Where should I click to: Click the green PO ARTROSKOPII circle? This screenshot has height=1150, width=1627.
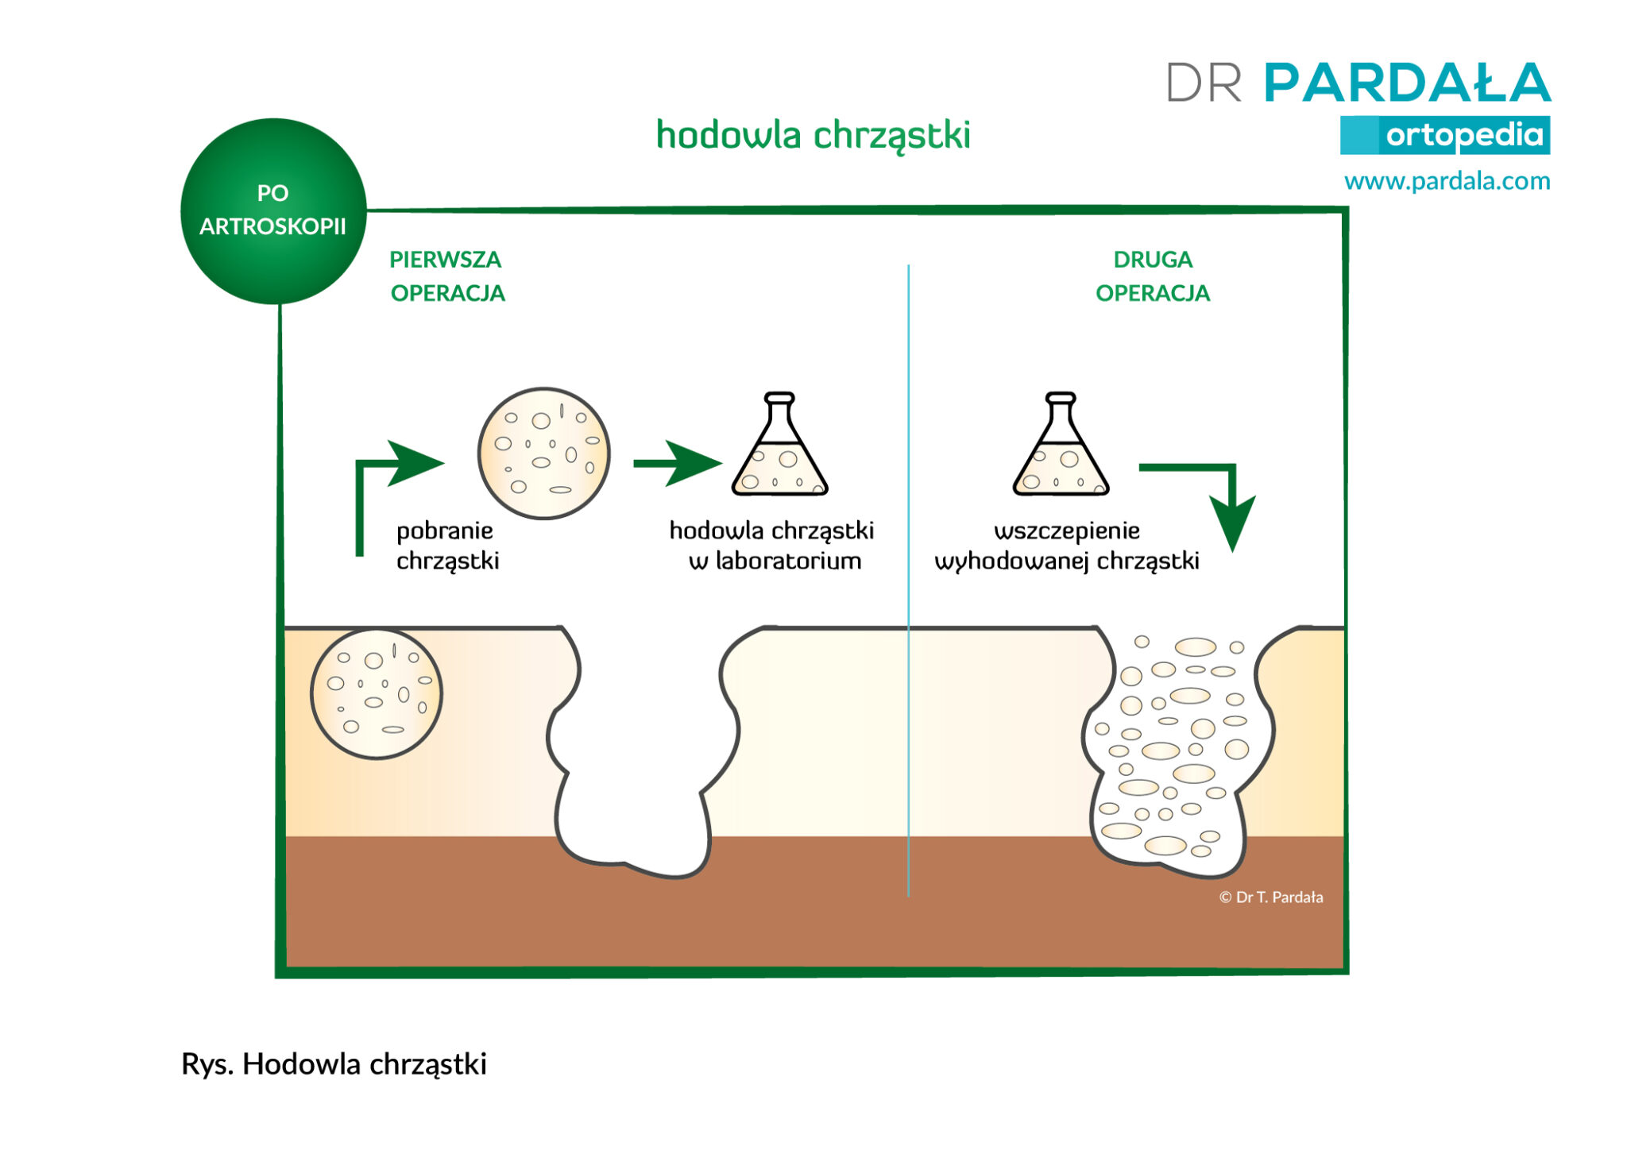[273, 211]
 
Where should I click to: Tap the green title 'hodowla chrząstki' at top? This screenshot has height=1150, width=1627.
[813, 135]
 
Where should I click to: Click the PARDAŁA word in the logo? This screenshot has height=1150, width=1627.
[1407, 83]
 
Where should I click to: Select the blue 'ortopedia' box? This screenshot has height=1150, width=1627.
[1445, 135]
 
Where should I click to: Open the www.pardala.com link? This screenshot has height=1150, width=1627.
[1447, 181]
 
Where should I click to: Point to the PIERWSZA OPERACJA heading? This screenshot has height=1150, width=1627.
[447, 276]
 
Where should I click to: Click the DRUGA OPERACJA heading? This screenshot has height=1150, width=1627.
[1153, 276]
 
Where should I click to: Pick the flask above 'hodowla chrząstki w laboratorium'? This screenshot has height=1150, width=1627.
[779, 445]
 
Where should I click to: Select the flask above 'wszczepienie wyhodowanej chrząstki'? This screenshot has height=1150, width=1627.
[1061, 445]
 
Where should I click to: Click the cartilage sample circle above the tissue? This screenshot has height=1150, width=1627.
[544, 453]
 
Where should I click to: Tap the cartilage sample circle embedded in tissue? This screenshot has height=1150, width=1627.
[377, 694]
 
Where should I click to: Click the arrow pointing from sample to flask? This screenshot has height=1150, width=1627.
[678, 463]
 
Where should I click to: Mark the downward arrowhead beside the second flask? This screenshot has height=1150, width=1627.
[1232, 522]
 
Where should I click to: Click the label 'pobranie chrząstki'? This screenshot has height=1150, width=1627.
[447, 546]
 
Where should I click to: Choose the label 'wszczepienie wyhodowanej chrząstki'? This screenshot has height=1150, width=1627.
[1067, 546]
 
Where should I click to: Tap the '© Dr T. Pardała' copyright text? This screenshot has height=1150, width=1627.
[1271, 897]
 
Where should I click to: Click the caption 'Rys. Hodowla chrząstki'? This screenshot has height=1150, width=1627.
[334, 1064]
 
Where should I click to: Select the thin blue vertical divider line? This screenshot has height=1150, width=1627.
[908, 581]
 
